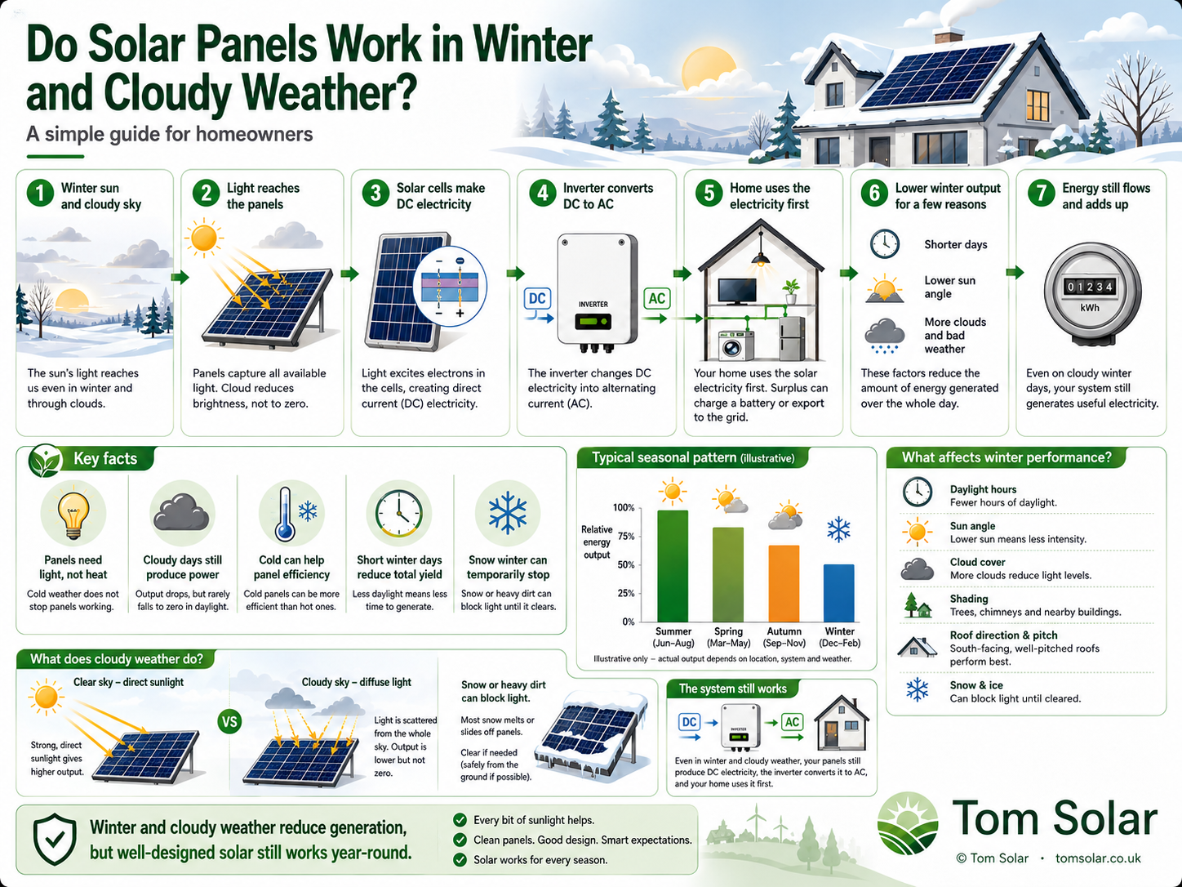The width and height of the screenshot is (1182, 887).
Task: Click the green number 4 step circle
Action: click(x=542, y=194)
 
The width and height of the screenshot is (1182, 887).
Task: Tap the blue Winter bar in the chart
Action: click(x=838, y=593)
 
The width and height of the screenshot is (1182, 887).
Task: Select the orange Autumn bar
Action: click(x=784, y=583)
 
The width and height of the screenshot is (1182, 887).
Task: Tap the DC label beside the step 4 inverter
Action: click(x=537, y=298)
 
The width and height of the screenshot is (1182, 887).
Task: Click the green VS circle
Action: click(x=230, y=722)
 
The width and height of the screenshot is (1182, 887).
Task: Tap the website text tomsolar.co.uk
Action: click(x=1097, y=858)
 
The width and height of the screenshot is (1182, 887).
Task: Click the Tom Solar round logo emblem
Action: click(x=908, y=823)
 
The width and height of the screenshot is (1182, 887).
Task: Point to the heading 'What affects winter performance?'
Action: click(x=1006, y=457)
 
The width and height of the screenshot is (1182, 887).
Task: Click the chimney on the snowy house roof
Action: click(x=949, y=36)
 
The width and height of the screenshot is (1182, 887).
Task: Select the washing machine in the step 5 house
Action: click(x=735, y=345)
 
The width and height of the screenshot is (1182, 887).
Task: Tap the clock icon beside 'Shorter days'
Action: click(x=884, y=244)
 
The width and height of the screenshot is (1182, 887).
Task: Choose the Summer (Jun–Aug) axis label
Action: click(x=673, y=637)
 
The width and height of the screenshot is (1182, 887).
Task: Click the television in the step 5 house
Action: click(x=737, y=292)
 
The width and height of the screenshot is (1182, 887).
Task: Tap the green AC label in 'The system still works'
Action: click(x=792, y=722)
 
